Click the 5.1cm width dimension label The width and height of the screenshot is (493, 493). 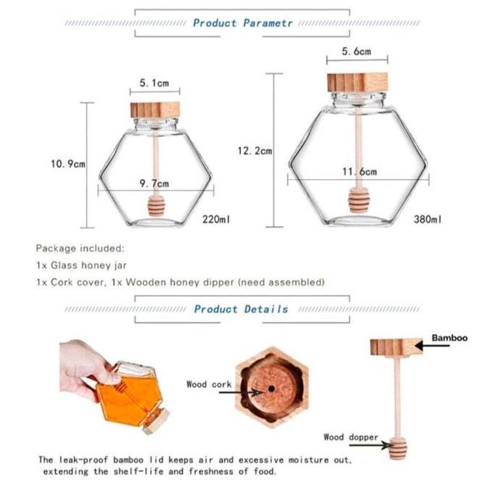(154, 83)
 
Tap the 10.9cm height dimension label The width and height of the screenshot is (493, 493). (67, 164)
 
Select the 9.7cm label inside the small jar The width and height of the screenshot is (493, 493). (154, 183)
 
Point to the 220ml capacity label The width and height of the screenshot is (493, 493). (215, 218)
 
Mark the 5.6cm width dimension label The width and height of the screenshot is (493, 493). (357, 52)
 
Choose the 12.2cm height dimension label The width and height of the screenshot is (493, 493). (254, 151)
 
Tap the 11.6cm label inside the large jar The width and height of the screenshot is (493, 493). (359, 172)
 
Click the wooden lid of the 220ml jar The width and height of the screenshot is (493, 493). (155, 110)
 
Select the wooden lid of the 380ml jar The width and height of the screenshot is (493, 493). (356, 82)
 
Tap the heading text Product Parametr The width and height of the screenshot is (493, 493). (243, 23)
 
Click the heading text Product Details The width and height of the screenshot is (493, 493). (241, 309)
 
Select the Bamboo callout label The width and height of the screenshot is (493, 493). (449, 338)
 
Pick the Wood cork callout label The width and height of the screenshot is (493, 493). (208, 384)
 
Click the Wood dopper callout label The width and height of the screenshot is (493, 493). (350, 437)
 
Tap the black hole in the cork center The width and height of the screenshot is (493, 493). (271, 389)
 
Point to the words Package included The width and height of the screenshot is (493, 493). (80, 248)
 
